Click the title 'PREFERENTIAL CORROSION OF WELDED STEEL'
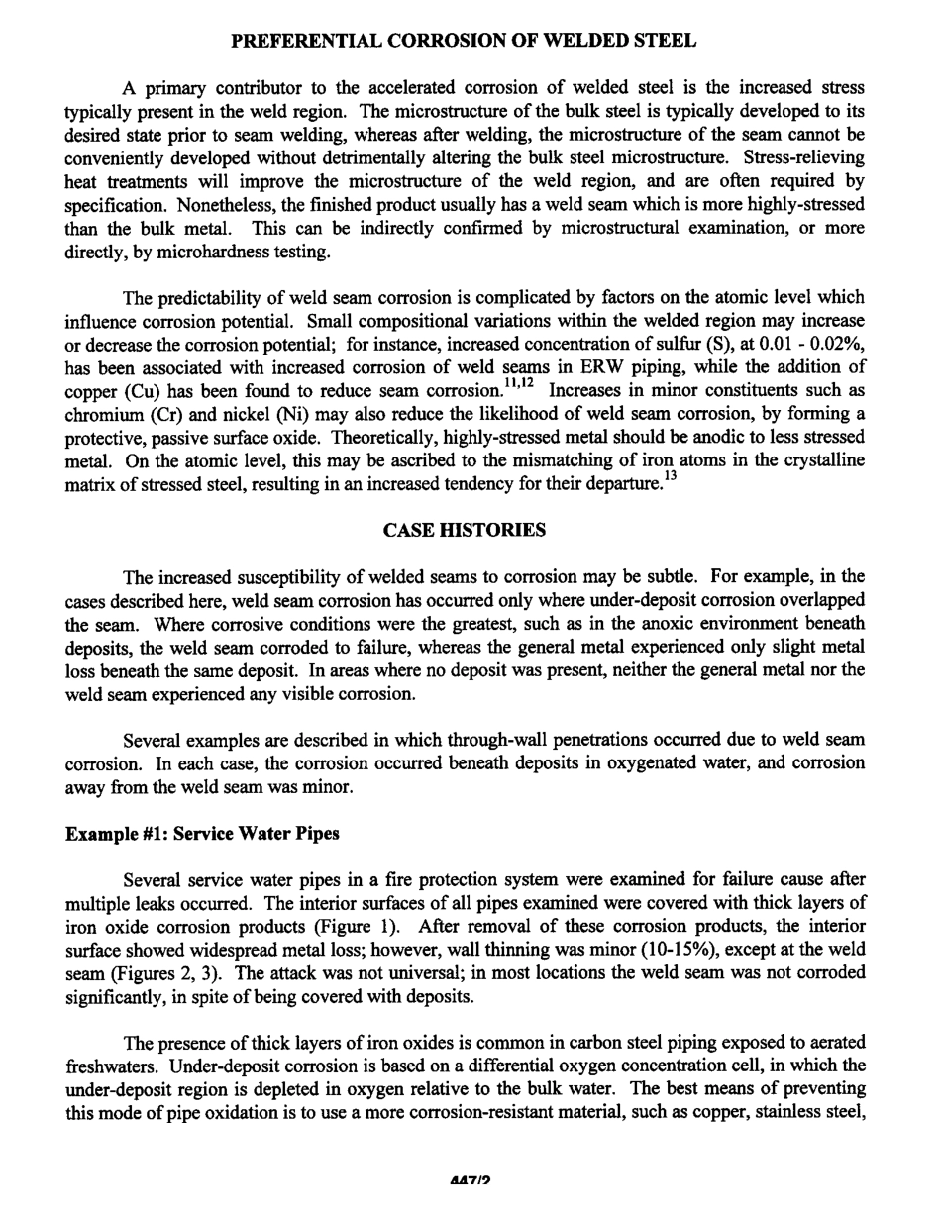point(464,41)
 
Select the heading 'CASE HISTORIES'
point(464,530)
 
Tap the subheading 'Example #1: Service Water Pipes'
point(202,833)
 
